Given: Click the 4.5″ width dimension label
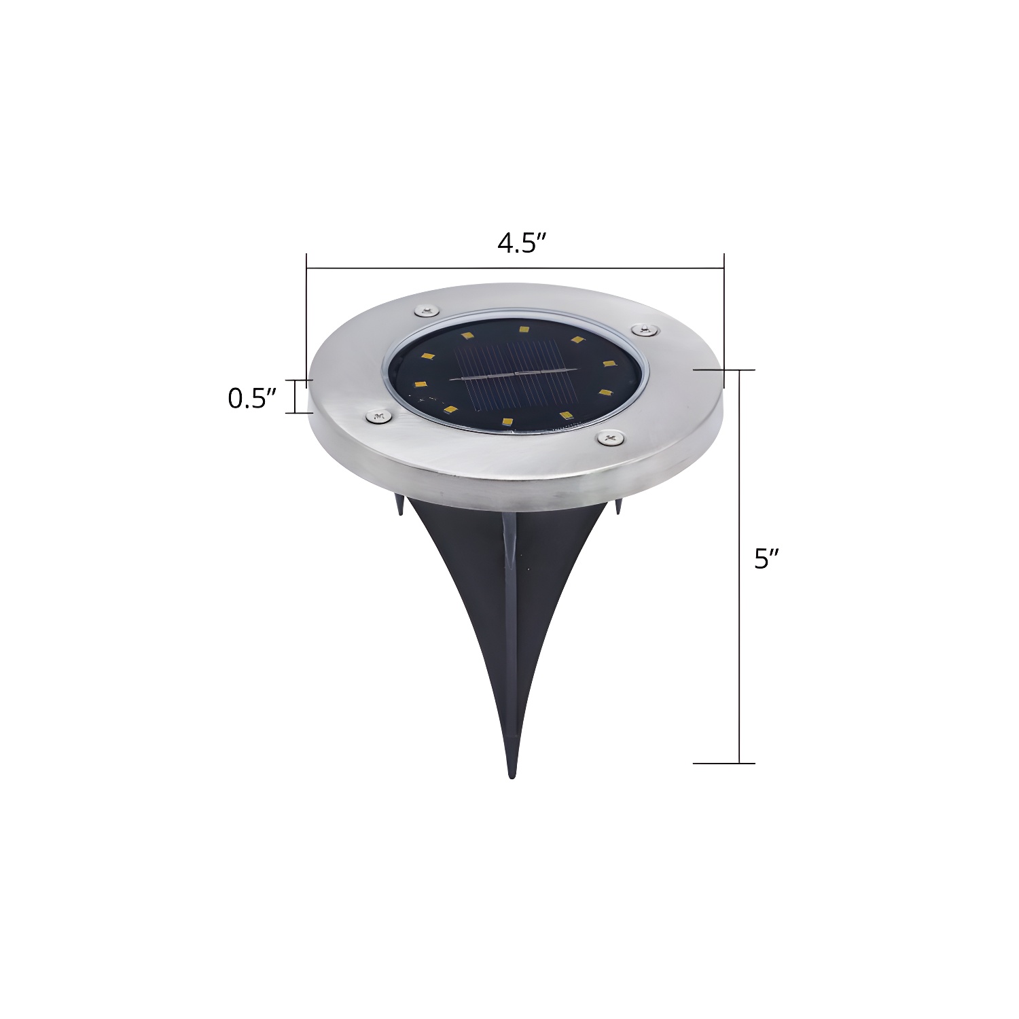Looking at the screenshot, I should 522,243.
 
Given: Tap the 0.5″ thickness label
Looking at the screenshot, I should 252,399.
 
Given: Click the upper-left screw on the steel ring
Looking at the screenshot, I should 426,311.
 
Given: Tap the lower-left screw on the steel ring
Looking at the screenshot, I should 376,416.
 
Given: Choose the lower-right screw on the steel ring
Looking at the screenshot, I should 609,440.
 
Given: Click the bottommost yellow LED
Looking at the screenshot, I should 507,423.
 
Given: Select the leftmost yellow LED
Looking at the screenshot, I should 420,385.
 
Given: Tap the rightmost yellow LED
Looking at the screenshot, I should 609,364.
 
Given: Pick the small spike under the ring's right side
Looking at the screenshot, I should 619,508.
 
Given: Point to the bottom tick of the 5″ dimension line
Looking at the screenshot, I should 724,763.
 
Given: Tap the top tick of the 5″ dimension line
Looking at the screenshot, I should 724,370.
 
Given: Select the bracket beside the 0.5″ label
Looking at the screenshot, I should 296,396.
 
